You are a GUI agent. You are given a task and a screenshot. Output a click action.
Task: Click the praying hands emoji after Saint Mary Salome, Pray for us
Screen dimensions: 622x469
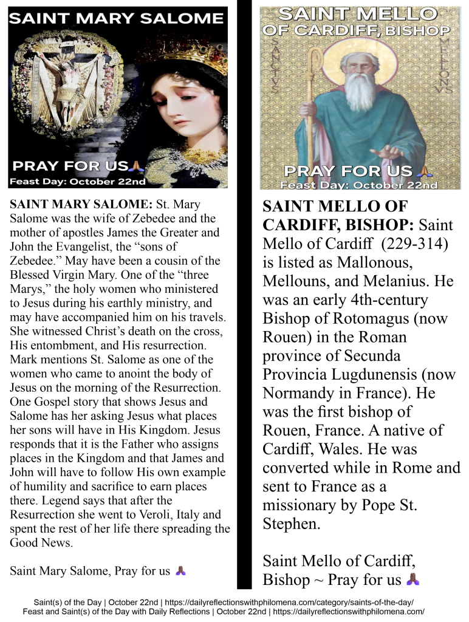[x=180, y=570]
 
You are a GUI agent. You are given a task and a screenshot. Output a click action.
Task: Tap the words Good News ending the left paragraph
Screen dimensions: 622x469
[x=41, y=542]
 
